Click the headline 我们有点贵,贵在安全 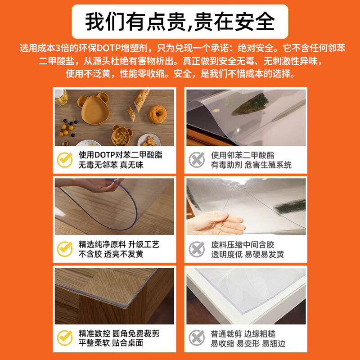tap(180, 21)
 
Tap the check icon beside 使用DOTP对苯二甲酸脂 tap(64, 160)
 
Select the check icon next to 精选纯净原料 tap(64, 249)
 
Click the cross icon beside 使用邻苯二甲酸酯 tap(197, 160)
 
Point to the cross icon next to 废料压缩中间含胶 tap(197, 249)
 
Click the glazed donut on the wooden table tap(157, 115)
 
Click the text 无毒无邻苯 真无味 tap(111, 165)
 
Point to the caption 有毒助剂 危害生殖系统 tap(252, 165)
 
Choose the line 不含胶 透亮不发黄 tap(111, 254)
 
